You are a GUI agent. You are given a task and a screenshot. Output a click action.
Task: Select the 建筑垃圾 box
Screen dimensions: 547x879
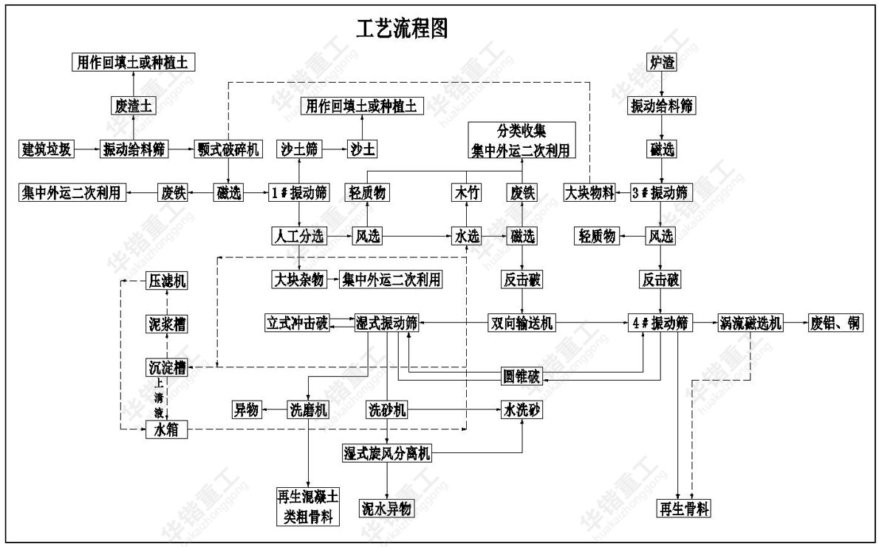coord(46,149)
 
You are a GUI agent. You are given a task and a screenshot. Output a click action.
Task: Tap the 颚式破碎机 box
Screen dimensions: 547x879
coord(228,149)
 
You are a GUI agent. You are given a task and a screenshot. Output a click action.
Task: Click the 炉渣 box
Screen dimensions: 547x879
coord(662,63)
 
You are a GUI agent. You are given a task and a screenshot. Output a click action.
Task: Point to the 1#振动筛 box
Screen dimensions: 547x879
coord(298,193)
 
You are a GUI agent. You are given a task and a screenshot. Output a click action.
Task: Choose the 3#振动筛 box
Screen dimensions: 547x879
coord(661,193)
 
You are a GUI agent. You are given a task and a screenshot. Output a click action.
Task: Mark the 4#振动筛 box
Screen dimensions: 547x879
coord(661,323)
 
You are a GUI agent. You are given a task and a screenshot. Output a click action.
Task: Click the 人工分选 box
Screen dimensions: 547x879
coord(298,237)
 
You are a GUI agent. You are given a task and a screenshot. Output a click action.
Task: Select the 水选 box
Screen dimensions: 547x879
coord(466,237)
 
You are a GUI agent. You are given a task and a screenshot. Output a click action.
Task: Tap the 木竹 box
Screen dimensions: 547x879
coord(466,193)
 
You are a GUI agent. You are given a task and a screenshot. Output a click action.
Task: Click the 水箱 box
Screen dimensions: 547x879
coord(166,429)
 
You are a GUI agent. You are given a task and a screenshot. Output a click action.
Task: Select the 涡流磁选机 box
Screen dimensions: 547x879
coord(750,323)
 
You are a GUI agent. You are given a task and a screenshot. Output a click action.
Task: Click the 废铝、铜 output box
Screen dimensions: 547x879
coord(835,323)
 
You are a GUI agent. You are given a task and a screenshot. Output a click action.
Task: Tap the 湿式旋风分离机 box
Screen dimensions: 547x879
coord(386,453)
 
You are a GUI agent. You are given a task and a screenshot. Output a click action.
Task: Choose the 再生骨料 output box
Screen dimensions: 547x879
coord(685,509)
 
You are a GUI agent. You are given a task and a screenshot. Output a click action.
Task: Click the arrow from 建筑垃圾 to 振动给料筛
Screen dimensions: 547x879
coord(87,149)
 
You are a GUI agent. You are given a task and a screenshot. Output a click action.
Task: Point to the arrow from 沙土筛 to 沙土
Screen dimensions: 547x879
coord(334,149)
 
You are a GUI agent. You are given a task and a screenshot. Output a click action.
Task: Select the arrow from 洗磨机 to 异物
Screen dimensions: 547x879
coord(275,410)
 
